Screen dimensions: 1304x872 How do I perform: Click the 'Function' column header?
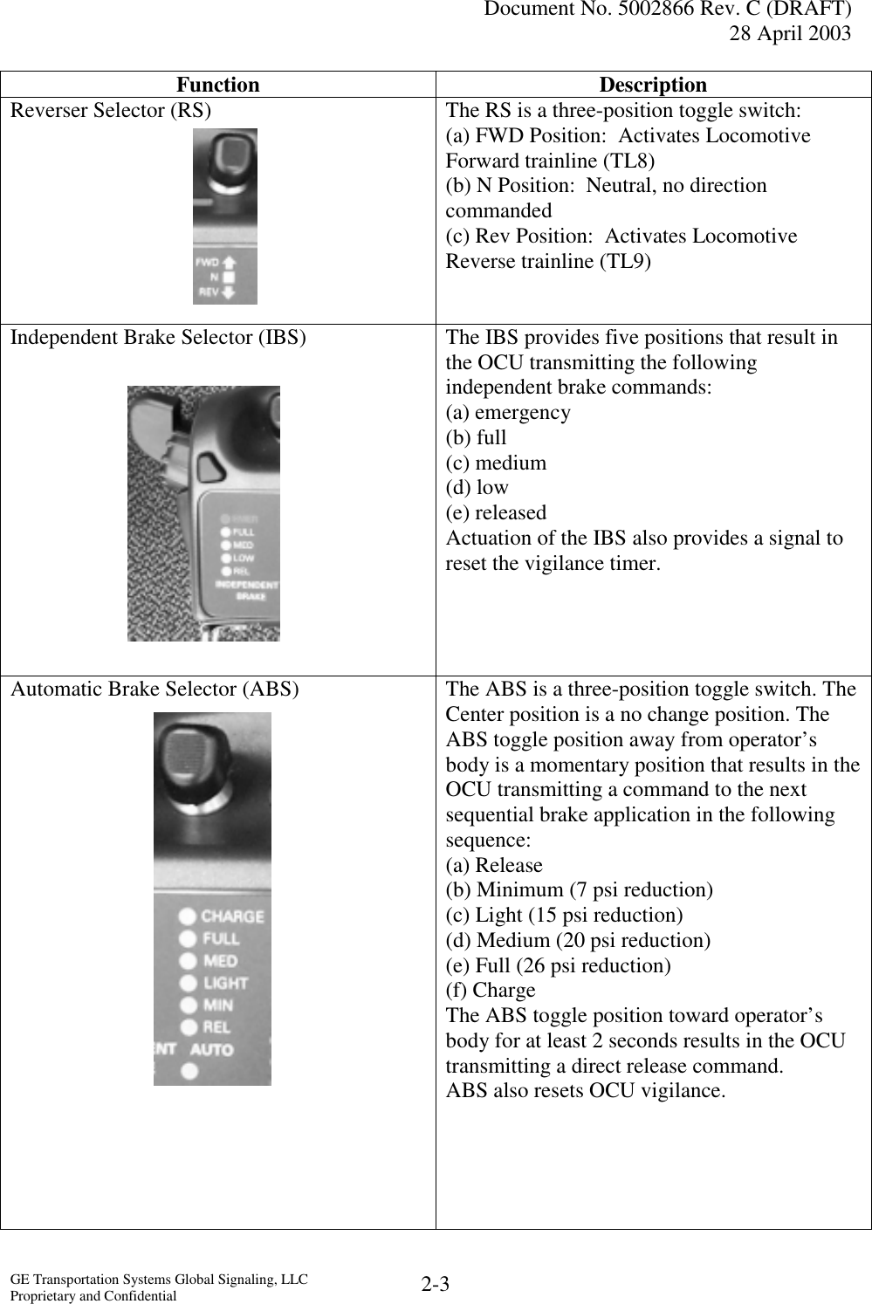coord(217,85)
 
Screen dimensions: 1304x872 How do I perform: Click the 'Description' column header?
coord(653,85)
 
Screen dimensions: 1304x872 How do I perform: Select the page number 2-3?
coord(435,1284)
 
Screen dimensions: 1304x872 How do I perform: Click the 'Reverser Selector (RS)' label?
coord(110,111)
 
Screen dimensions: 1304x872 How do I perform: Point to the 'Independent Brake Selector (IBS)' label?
coord(158,338)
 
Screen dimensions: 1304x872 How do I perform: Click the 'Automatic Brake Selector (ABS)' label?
coord(154,690)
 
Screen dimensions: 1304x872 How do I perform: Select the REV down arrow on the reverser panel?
coord(230,292)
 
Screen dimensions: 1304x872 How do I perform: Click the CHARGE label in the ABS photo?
coord(232,916)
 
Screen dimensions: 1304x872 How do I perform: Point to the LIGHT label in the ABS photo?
coord(225,983)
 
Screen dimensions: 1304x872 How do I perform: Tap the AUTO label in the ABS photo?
coord(211,1049)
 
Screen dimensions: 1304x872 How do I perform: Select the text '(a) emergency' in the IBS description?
coord(508,413)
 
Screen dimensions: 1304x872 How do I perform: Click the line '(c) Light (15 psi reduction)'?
coord(564,916)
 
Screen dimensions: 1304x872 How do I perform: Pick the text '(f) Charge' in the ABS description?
coord(491,991)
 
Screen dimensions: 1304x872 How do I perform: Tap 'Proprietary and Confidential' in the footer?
coord(93,1296)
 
